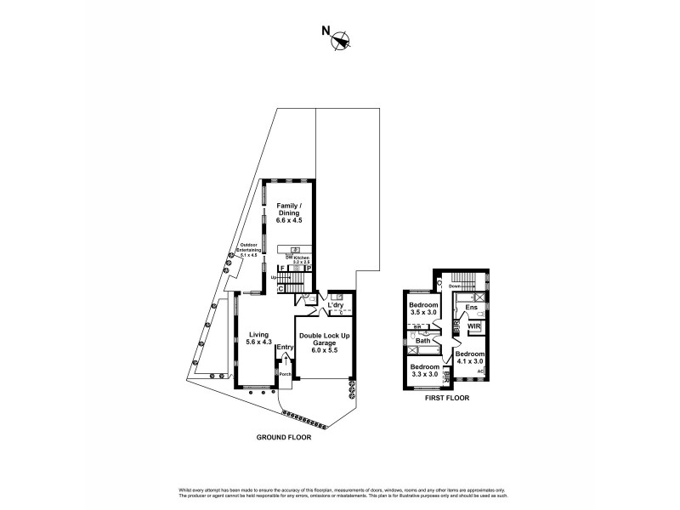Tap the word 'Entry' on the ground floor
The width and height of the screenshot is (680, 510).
pyautogui.click(x=285, y=347)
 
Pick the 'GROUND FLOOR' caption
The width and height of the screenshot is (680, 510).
pyautogui.click(x=285, y=438)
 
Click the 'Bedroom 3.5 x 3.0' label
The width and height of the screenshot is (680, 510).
pyautogui.click(x=422, y=309)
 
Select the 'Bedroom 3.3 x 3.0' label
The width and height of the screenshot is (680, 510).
pyautogui.click(x=422, y=371)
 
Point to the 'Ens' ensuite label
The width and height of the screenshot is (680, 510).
pyautogui.click(x=471, y=308)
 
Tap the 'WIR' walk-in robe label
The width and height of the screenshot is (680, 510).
pyautogui.click(x=474, y=326)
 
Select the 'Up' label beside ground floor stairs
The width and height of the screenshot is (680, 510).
pyautogui.click(x=274, y=276)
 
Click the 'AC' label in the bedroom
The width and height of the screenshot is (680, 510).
pyautogui.click(x=480, y=371)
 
